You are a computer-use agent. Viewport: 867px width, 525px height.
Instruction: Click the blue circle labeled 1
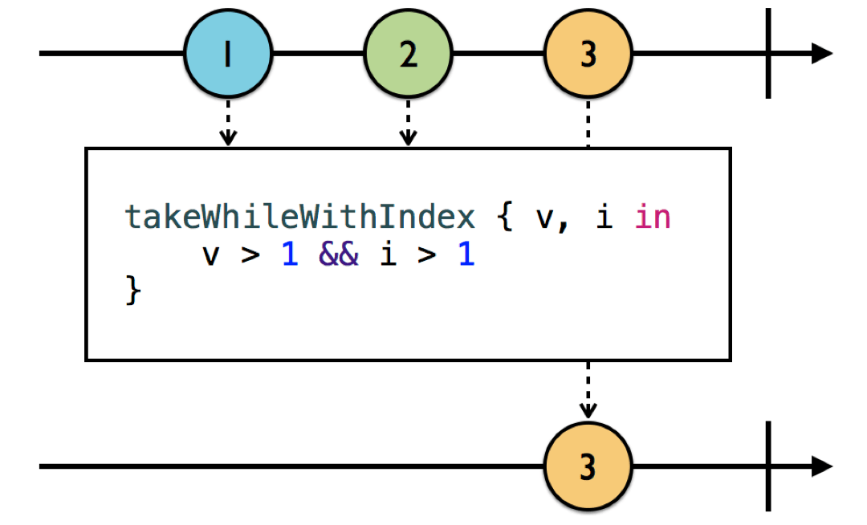click(228, 55)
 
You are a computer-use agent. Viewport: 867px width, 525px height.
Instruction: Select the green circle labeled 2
click(409, 55)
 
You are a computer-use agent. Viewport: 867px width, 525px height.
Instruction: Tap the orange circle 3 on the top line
click(588, 55)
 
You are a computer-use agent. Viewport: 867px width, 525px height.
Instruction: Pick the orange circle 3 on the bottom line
click(588, 466)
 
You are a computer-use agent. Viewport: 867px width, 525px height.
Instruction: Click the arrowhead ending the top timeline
click(821, 54)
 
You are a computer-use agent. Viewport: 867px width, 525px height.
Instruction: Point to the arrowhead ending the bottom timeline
click(821, 466)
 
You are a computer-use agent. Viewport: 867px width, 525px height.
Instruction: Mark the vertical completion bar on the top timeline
click(768, 54)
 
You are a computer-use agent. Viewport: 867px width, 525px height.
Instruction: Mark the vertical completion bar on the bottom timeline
click(768, 466)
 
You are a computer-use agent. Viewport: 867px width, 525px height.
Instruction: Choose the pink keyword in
click(652, 218)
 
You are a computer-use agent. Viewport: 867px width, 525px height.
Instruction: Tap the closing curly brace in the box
click(133, 291)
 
